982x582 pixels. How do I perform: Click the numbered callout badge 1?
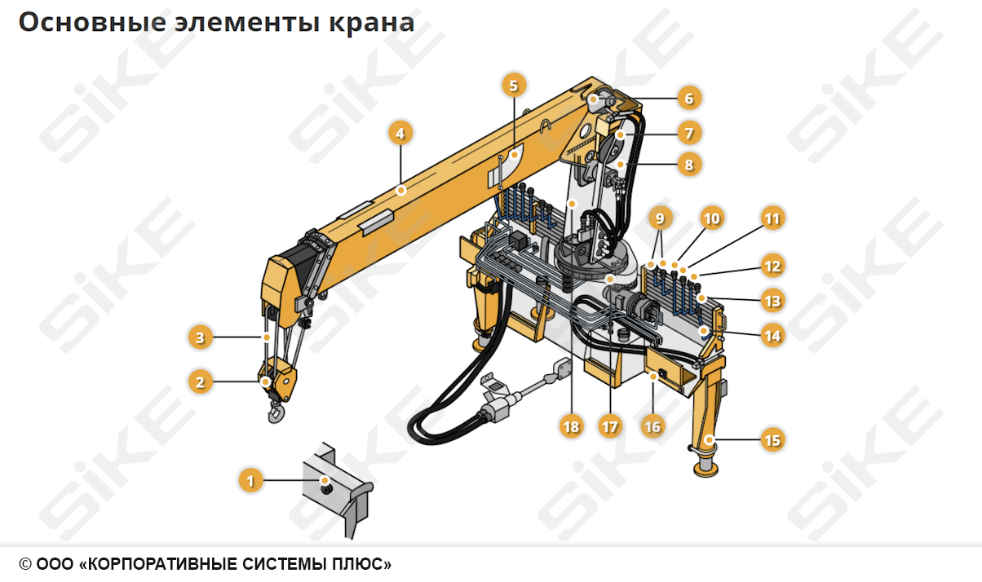tap(251, 481)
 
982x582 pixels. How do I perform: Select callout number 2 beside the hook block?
tap(200, 381)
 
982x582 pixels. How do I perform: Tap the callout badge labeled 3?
tap(200, 336)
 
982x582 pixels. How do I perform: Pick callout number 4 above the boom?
tap(400, 132)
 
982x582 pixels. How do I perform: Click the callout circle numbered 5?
tap(513, 85)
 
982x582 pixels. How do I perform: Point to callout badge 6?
tap(688, 99)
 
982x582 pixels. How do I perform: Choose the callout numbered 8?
tap(688, 165)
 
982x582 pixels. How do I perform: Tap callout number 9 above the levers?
tap(660, 218)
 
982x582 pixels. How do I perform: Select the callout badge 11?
tap(772, 218)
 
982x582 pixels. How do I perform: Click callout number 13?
tap(772, 301)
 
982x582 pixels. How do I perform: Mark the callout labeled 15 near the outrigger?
tap(772, 440)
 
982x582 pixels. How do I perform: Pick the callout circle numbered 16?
tap(652, 425)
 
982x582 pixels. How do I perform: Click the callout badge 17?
tap(609, 425)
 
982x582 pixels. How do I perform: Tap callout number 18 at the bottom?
tap(572, 425)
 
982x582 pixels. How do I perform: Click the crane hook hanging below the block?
tap(276, 414)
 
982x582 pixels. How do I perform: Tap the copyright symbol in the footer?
tap(25, 564)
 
